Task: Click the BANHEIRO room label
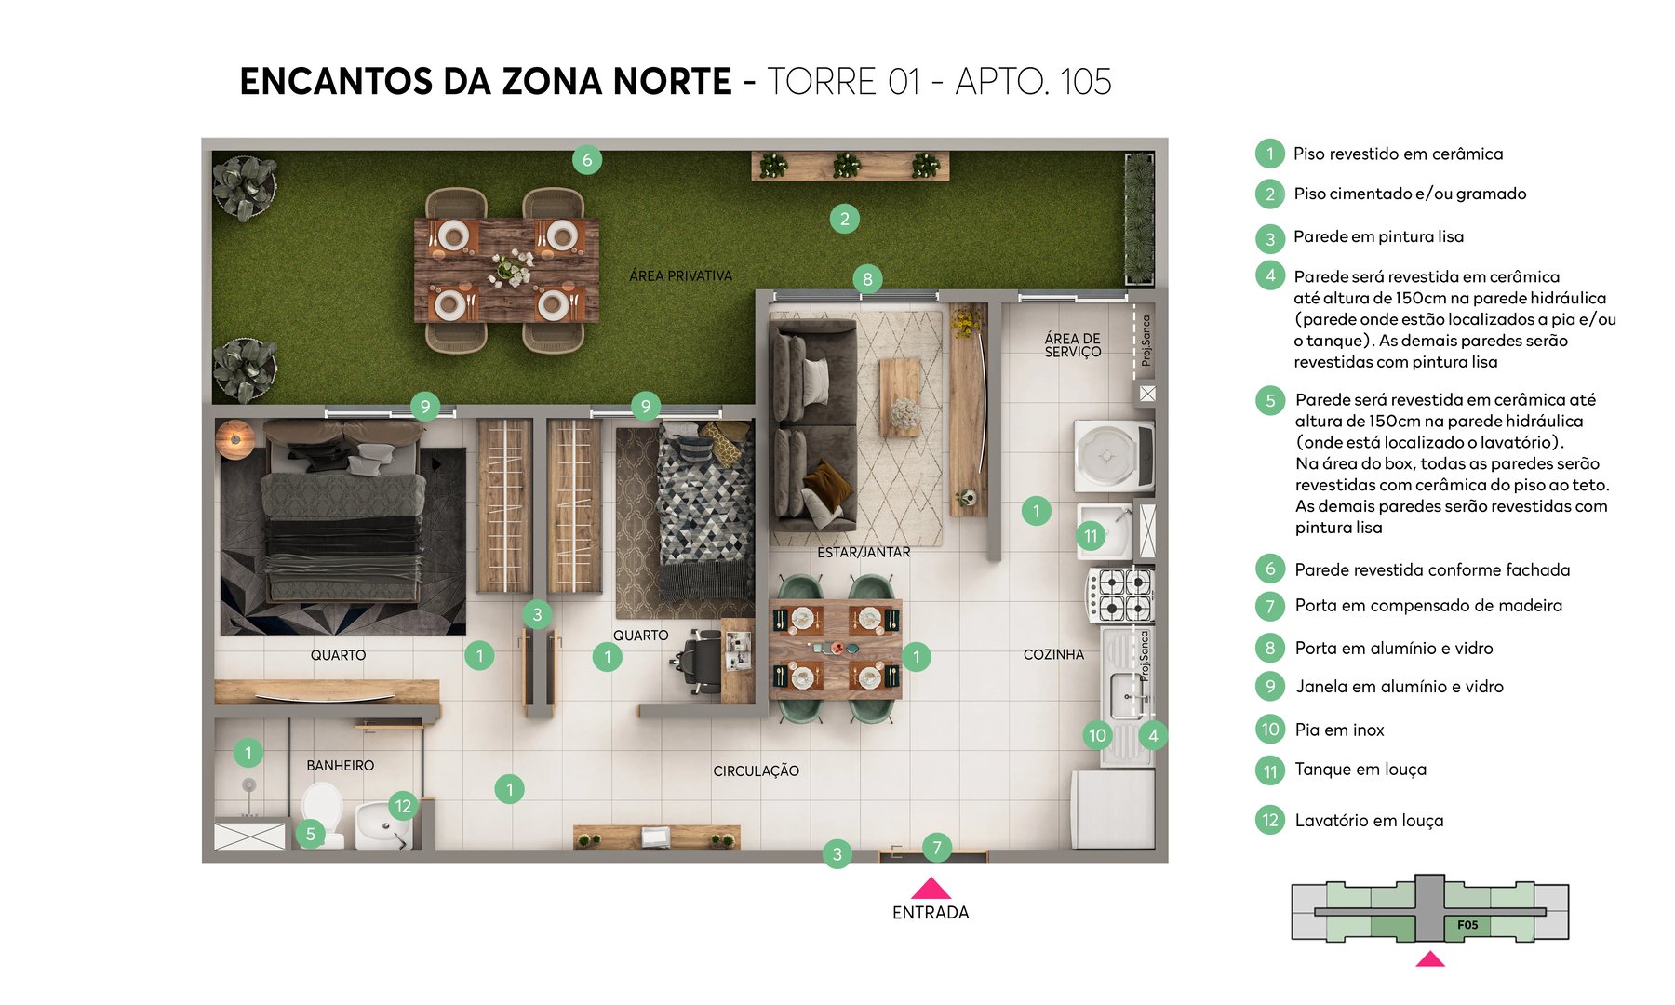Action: [x=341, y=765]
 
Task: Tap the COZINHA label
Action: [x=1053, y=654]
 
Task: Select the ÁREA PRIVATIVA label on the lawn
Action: [x=680, y=275]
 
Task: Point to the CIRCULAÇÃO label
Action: [x=756, y=770]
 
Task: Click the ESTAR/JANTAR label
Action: [x=864, y=552]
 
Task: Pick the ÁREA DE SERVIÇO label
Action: [x=1072, y=345]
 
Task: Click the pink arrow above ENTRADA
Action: [x=931, y=888]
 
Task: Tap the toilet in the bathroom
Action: [x=322, y=808]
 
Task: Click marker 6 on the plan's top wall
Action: [x=587, y=159]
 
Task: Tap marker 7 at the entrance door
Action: [x=937, y=847]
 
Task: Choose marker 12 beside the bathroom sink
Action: [x=403, y=806]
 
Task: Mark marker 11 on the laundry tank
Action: [x=1091, y=535]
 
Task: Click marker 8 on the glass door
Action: [x=867, y=278]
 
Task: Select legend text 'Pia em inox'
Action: [x=1339, y=730]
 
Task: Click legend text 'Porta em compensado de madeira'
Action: [x=1428, y=606]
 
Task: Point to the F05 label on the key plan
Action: [x=1467, y=925]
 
